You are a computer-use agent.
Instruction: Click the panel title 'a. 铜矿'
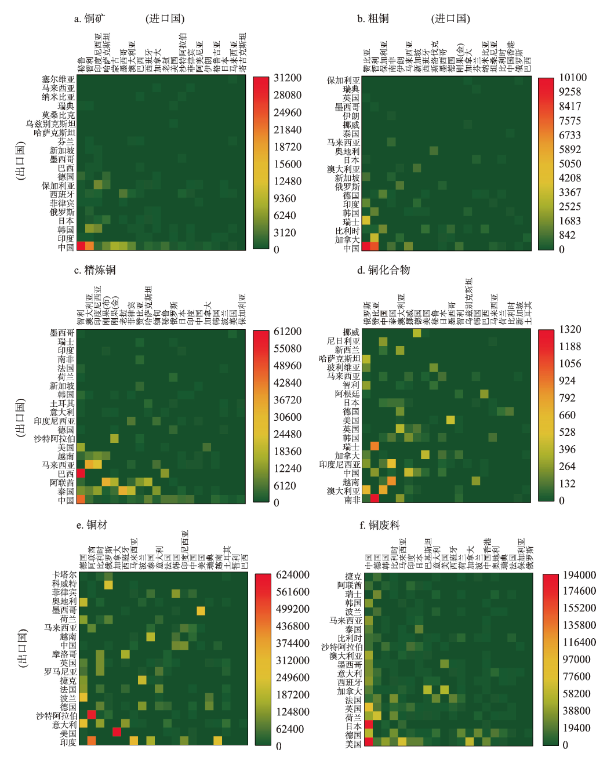pos(89,19)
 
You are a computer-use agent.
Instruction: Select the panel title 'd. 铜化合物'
pos(383,270)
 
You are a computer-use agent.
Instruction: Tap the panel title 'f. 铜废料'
pos(380,525)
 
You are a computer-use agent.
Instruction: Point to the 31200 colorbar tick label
pos(288,78)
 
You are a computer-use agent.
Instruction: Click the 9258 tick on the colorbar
pos(570,92)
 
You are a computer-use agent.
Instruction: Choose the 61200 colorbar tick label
pos(288,332)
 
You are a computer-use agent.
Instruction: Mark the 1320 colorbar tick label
pos(570,329)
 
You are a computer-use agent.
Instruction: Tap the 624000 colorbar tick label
pos(292,575)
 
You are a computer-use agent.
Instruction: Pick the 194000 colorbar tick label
pos(579,575)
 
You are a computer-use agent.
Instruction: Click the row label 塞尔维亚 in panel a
pos(58,79)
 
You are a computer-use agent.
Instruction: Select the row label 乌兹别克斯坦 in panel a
pos(50,123)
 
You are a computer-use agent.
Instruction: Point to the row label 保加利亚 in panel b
pos(343,81)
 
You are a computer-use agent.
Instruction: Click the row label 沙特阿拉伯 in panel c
pos(54,439)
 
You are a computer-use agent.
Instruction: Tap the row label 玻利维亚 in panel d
pos(343,367)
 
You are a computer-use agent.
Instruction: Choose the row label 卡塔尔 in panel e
pos(64,575)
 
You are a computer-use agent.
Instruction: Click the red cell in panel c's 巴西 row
pos(81,474)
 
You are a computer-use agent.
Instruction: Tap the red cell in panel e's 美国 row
pos(117,732)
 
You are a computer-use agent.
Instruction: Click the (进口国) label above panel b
pos(450,19)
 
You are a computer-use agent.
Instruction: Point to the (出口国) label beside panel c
pos(21,417)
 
